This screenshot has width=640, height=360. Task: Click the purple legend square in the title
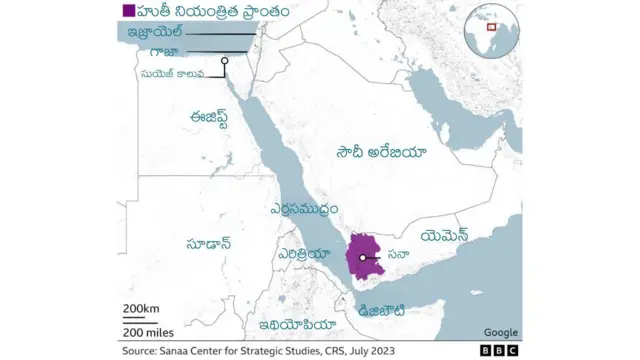pyautogui.click(x=127, y=11)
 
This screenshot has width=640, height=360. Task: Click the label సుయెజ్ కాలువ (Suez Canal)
pyautogui.click(x=172, y=73)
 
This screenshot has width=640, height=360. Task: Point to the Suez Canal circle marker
pyautogui.click(x=225, y=61)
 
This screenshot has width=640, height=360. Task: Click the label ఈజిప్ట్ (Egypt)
pyautogui.click(x=216, y=117)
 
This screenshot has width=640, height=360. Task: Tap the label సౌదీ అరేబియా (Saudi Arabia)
pyautogui.click(x=381, y=152)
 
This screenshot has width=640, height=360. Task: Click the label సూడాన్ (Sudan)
pyautogui.click(x=209, y=242)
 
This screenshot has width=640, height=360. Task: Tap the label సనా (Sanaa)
pyautogui.click(x=398, y=256)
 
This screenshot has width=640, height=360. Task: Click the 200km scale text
pyautogui.click(x=141, y=307)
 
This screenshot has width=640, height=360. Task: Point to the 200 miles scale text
pyautogui.click(x=148, y=331)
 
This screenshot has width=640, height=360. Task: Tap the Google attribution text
pyautogui.click(x=500, y=332)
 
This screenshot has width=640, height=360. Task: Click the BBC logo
pyautogui.click(x=500, y=351)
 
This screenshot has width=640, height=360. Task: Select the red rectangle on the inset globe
pyautogui.click(x=491, y=27)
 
